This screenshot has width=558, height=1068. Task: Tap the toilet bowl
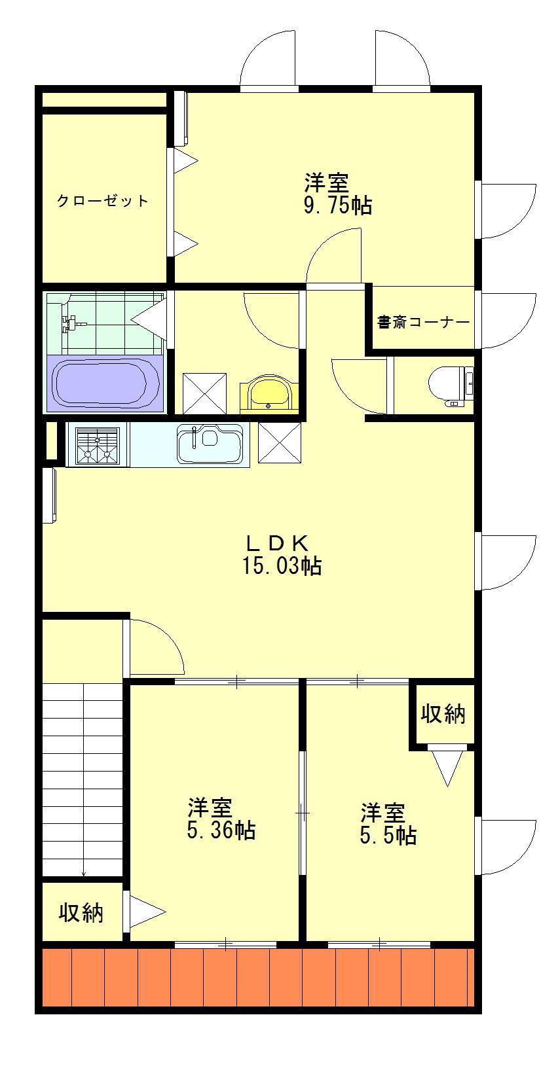pyautogui.click(x=451, y=384)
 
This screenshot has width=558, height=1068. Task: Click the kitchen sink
pyautogui.click(x=210, y=444)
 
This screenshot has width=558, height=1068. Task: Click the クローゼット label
pyautogui.click(x=103, y=201)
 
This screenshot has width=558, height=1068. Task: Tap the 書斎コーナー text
pyautogui.click(x=423, y=323)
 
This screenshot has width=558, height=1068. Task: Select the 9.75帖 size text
pyautogui.click(x=338, y=205)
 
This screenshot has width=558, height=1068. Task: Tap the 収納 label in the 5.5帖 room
pyautogui.click(x=443, y=714)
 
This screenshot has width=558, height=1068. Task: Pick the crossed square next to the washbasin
pyautogui.click(x=205, y=393)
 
